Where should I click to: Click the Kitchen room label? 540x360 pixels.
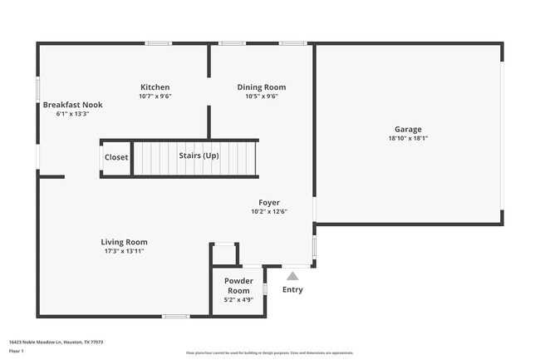[155, 87]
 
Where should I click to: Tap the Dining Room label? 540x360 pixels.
[261, 87]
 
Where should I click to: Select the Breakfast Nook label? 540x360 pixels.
[72, 106]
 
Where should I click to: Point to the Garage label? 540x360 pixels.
[408, 130]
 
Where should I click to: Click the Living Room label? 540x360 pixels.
[125, 242]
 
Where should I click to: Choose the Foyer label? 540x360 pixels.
[268, 202]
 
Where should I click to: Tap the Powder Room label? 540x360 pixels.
[238, 286]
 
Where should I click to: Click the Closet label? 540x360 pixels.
[116, 156]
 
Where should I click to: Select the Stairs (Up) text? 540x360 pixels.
[199, 155]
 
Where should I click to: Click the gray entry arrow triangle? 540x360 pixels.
[292, 275]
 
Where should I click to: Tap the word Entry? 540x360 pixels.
[292, 290]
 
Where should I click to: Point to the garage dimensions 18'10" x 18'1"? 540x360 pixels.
[408, 139]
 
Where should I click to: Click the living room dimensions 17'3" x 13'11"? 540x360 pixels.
[125, 251]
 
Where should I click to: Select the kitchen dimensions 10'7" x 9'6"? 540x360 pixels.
[155, 96]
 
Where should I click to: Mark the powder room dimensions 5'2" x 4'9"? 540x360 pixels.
[238, 301]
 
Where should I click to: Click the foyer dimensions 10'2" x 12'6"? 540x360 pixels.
[268, 211]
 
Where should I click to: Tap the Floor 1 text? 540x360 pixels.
[16, 351]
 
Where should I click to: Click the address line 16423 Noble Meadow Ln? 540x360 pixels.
[56, 342]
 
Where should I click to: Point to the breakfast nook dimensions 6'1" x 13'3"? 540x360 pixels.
[72, 114]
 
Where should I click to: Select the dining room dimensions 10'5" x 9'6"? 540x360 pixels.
[261, 96]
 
